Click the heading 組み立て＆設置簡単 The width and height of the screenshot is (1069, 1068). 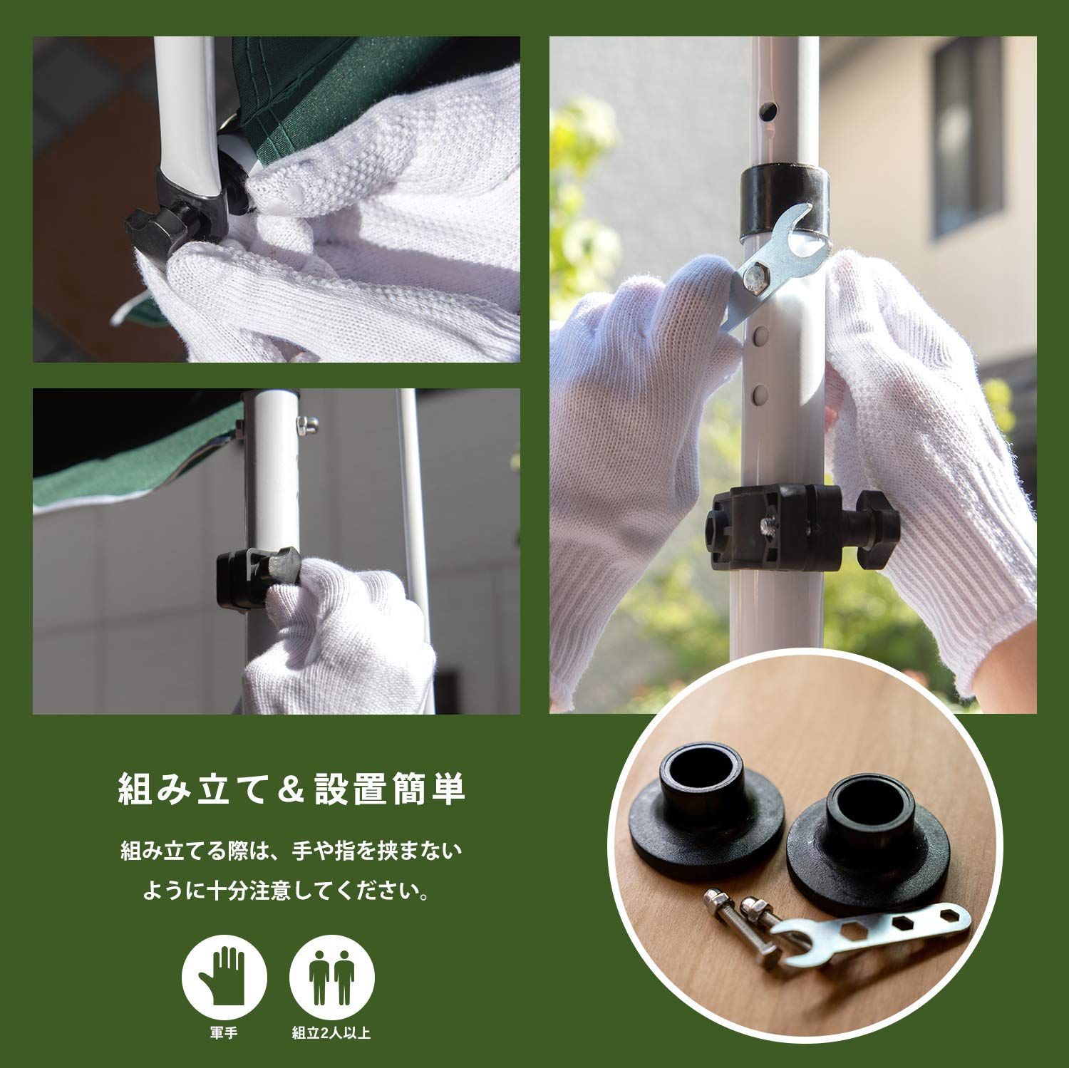pyautogui.click(x=292, y=788)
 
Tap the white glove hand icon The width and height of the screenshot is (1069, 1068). pyautogui.click(x=224, y=973)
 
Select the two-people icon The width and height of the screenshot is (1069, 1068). pyautogui.click(x=332, y=973)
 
